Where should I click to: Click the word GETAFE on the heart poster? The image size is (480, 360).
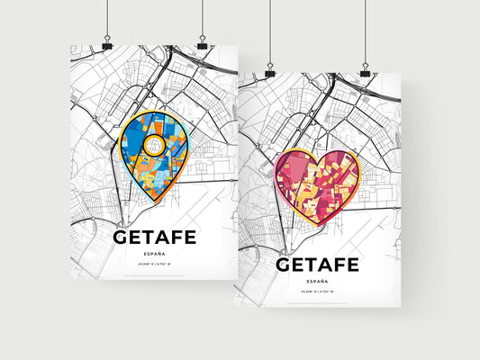316,264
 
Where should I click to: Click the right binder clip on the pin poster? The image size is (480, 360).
202,42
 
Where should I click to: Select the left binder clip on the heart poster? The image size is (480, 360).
270,69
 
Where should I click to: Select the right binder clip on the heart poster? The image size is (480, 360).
365,69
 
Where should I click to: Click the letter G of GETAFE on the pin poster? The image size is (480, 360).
123,238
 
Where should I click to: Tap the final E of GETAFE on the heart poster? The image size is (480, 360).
353,264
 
